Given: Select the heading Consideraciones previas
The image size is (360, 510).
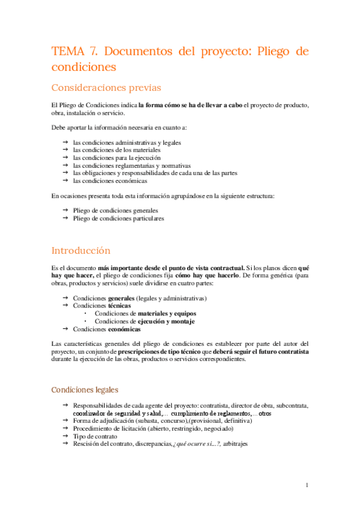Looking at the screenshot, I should (106, 88).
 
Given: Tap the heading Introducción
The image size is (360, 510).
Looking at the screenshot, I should (81, 250).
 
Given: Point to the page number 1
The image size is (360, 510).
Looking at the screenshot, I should (307, 485).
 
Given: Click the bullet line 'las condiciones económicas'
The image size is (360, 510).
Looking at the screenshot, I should (110, 180).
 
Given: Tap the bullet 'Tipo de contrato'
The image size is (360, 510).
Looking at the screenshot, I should (95, 436).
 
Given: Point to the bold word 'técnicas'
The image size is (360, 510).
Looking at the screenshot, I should (120, 306).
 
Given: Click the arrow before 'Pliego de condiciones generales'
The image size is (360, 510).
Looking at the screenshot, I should (65, 211).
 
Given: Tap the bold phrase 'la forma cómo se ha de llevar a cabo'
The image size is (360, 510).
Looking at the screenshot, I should (191, 105).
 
